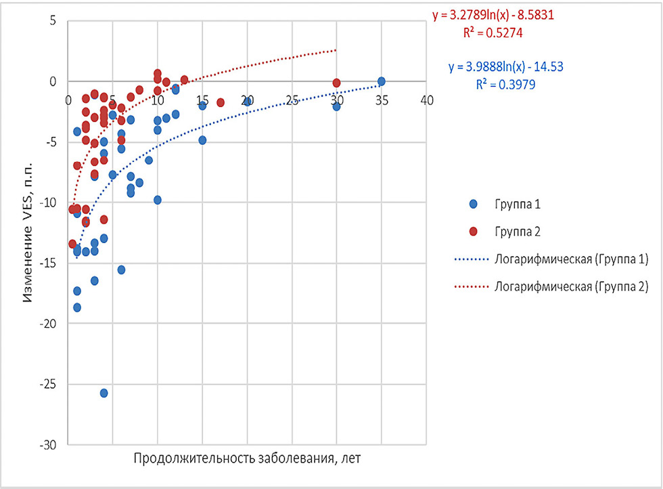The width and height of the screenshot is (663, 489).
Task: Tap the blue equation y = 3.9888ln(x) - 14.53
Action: click(506, 66)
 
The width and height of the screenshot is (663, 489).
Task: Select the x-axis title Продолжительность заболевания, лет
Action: click(247, 458)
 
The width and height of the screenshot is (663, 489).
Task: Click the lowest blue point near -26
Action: click(104, 393)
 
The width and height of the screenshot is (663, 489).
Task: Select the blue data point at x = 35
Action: click(382, 81)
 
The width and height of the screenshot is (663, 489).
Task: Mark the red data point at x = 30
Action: click(336, 83)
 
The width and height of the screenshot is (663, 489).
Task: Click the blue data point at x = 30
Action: click(336, 106)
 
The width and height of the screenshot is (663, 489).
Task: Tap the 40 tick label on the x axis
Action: click(426, 100)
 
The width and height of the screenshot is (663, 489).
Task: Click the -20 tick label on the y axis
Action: click(49, 324)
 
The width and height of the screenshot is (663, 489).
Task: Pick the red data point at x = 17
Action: click(221, 102)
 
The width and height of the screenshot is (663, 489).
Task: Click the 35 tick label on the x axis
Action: click(382, 100)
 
